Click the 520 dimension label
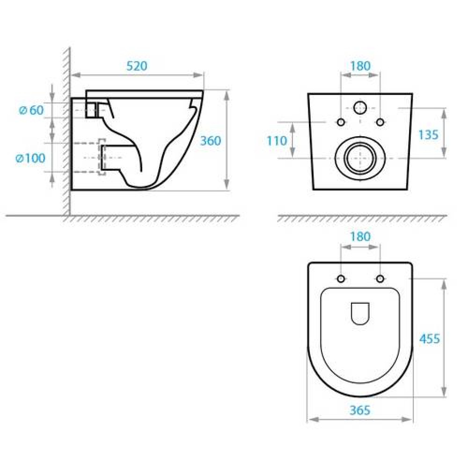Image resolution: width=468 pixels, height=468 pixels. point(137,66)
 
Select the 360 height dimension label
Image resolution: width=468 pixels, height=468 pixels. point(211,140)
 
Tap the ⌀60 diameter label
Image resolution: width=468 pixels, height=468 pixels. point(31,110)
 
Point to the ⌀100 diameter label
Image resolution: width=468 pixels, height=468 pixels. point(30,158)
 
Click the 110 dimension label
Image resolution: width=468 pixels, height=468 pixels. point(277,140)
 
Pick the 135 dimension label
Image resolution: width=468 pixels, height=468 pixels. point(428,135)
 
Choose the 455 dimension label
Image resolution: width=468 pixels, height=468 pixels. point(430,339)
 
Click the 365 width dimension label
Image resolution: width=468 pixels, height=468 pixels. point(360,410)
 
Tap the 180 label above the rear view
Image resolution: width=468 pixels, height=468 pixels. point(360,66)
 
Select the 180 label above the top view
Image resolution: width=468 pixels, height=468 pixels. point(360,237)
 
